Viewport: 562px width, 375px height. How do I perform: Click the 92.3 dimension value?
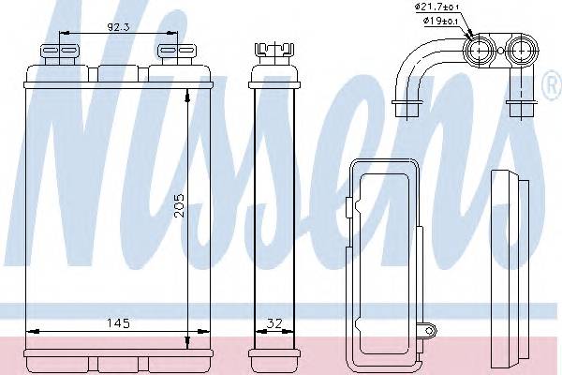tap(118, 27)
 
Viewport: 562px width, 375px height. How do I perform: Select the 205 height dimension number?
tap(179, 205)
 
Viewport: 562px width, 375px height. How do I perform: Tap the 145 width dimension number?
tap(118, 323)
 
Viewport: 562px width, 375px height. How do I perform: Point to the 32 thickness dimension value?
tap(274, 323)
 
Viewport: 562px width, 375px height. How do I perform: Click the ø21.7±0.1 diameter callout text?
tap(436, 7)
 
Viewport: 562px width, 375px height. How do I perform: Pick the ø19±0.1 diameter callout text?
tap(440, 21)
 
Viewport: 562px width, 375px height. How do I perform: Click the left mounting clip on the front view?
tap(60, 54)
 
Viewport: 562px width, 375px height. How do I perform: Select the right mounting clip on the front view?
tap(177, 54)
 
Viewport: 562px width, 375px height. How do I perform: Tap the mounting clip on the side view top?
tap(274, 53)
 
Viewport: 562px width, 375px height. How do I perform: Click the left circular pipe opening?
tap(480, 51)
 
